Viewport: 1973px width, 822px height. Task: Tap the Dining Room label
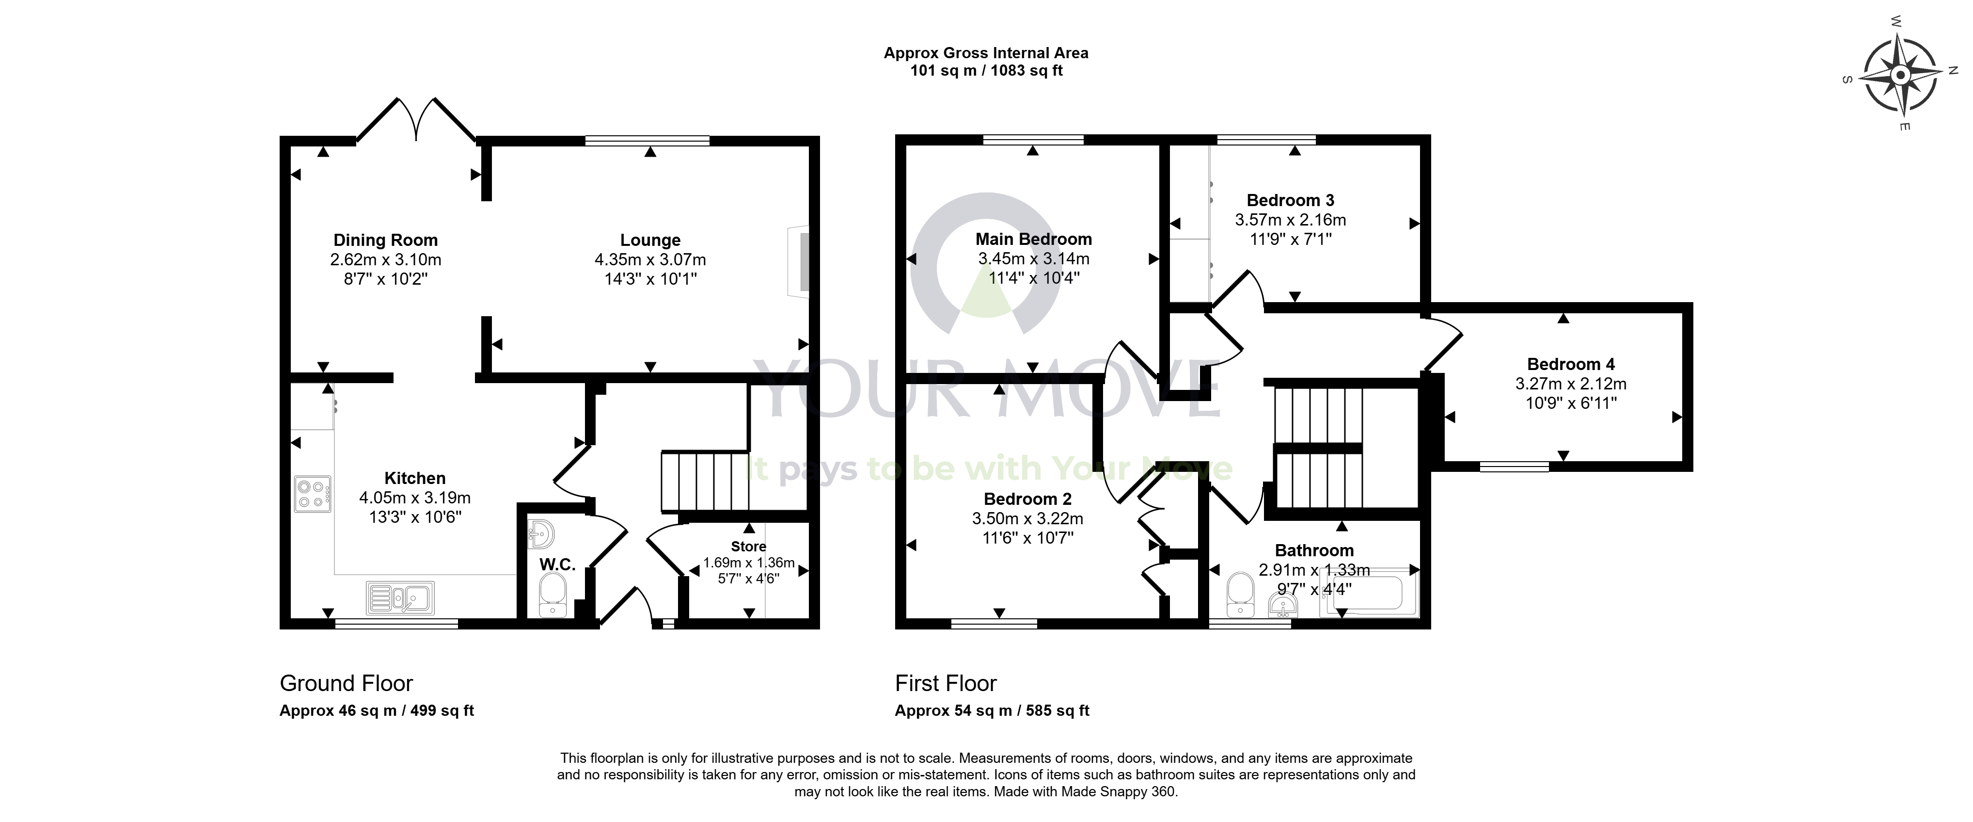click(x=385, y=240)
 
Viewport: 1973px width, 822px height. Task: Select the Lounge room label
click(x=650, y=240)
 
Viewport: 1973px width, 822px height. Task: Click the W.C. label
click(x=557, y=564)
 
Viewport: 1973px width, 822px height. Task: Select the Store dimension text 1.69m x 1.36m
click(x=749, y=563)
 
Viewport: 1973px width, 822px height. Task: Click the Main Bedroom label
click(x=1033, y=239)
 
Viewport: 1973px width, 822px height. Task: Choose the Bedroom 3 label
click(x=1291, y=200)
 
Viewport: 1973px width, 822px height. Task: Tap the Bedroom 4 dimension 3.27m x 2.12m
click(x=1571, y=384)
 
